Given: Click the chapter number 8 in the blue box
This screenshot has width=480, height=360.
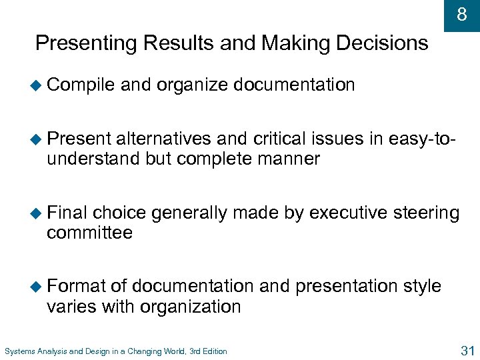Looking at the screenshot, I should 462,14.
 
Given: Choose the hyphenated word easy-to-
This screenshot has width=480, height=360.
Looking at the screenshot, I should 420,139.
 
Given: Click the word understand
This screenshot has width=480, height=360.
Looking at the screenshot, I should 93,159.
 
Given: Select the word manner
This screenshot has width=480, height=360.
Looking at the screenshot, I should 292,159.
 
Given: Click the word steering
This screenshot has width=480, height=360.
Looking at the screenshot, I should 427,213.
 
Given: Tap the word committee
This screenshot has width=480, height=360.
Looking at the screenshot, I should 90,233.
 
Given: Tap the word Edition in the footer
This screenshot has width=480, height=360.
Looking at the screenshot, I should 213,351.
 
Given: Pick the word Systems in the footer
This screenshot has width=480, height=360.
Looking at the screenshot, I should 19,351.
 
